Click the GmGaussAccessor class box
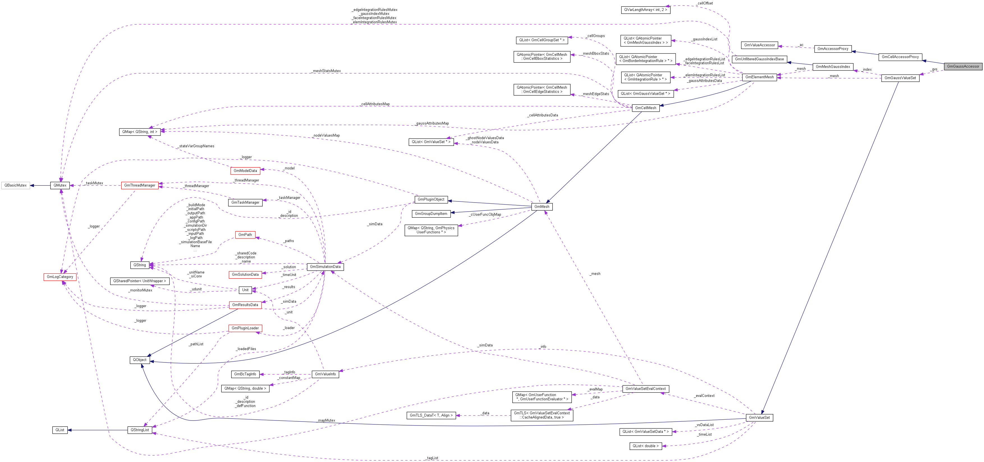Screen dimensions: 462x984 coord(963,66)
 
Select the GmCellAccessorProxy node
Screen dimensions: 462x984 coord(900,57)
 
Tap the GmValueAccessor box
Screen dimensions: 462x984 coord(759,45)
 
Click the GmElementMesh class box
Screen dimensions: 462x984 coord(759,77)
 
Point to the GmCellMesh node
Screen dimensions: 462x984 coord(646,108)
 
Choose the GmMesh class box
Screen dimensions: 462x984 coord(542,206)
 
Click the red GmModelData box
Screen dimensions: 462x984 coord(245,171)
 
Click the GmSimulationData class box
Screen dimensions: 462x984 coord(325,267)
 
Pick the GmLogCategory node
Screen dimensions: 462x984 coord(60,277)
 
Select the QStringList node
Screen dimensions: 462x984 coord(140,430)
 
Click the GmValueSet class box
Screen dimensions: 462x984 coord(759,418)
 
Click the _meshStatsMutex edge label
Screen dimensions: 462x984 coord(326,71)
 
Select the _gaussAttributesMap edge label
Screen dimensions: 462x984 coord(432,123)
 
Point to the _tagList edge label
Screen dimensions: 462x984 coord(432,458)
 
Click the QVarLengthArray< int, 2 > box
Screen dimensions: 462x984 coord(646,10)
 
